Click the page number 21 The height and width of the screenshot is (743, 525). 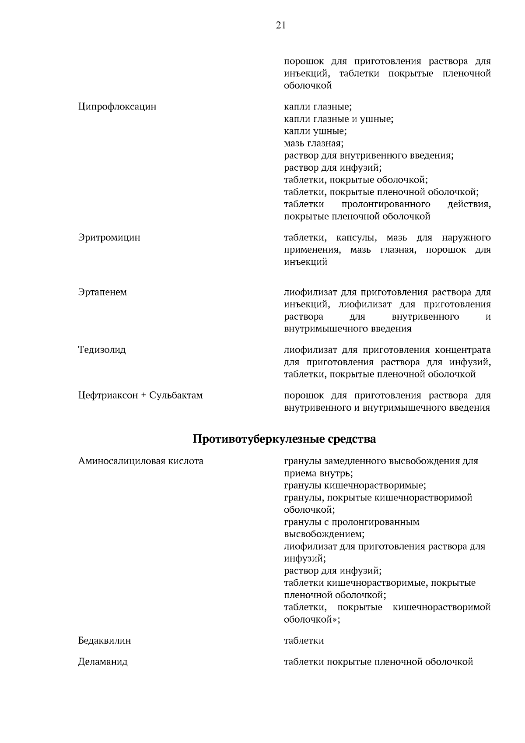coord(281,25)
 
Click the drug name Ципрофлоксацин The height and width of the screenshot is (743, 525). coord(117,106)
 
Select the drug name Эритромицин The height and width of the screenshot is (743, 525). coord(109,238)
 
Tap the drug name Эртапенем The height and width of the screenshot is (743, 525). coord(102,292)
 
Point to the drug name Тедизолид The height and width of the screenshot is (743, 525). coord(102,350)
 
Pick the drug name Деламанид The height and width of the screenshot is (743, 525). coord(103,662)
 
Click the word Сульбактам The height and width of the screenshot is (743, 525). coord(176,395)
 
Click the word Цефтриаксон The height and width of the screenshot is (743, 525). coord(108,395)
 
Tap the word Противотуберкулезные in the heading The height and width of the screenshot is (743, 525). coord(259,439)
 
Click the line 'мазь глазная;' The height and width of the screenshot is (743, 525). coord(314,143)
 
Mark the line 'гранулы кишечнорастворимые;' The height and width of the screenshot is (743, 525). coord(355,485)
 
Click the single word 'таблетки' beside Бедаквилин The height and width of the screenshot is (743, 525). coord(304,641)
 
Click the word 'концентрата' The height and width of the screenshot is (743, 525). coord(463,350)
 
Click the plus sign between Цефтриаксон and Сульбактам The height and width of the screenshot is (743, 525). coord(144,396)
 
